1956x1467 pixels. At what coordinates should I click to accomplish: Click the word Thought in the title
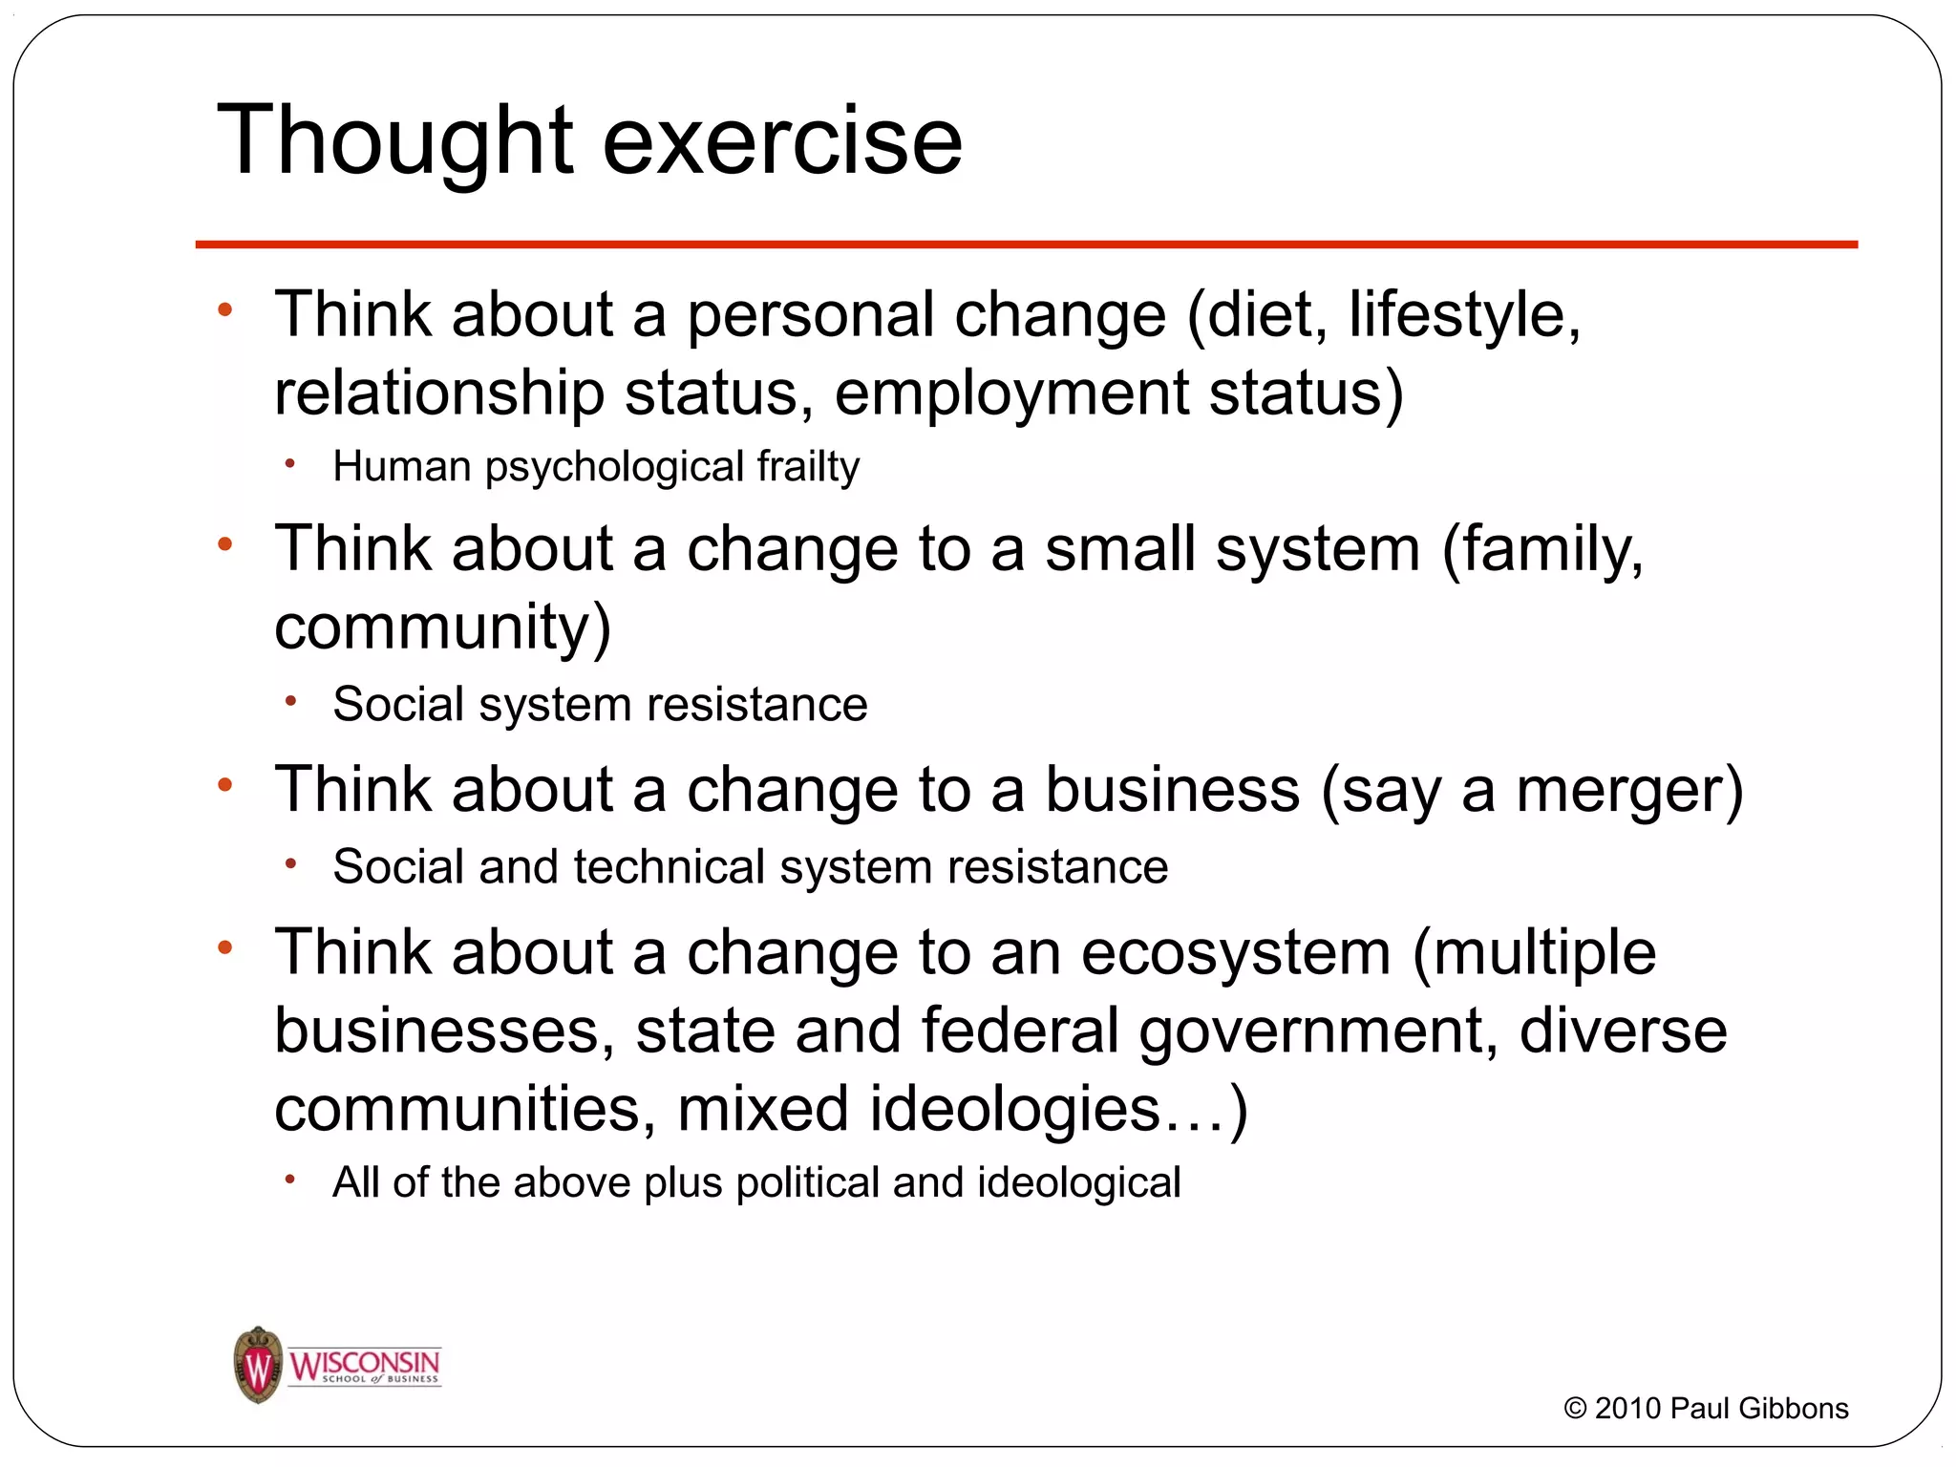point(395,141)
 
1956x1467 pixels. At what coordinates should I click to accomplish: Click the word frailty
point(808,467)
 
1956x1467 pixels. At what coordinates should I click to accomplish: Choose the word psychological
point(614,467)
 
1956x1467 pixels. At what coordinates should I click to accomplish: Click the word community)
point(442,627)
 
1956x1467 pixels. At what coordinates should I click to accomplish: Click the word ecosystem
point(1236,953)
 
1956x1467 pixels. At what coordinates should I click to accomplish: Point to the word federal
point(1020,1031)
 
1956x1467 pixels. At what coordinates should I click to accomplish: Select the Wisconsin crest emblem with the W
point(258,1365)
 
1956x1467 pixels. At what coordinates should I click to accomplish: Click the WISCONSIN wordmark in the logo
point(365,1362)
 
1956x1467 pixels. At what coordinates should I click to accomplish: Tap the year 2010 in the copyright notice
point(1628,1408)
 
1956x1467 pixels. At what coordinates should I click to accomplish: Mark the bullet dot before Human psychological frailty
point(290,465)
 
